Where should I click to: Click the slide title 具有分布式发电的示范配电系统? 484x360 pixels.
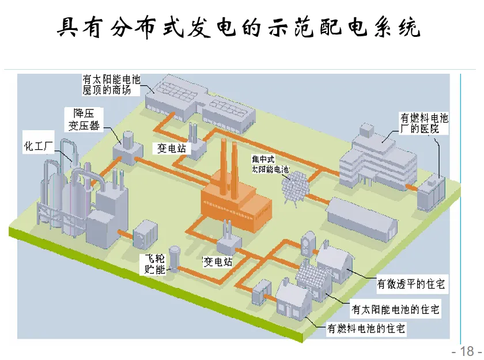241,26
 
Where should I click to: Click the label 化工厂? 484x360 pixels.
38,143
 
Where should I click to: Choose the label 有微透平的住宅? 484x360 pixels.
411,284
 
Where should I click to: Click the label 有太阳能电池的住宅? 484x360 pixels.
395,309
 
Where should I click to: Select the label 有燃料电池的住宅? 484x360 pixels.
366,329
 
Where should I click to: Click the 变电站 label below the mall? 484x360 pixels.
172,148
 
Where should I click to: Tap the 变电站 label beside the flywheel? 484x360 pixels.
217,262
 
